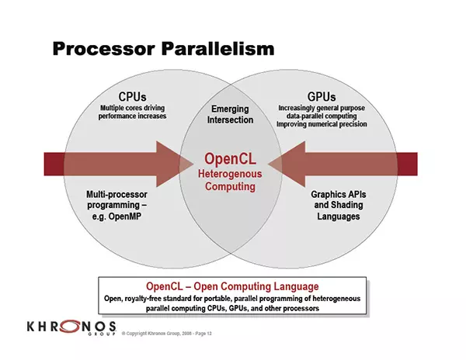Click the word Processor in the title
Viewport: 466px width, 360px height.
(x=104, y=49)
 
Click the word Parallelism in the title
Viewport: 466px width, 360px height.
(x=217, y=49)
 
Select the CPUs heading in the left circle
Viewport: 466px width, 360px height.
(x=132, y=97)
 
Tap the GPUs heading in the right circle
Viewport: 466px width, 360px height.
(x=322, y=97)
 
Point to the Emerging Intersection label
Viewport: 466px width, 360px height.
(x=230, y=114)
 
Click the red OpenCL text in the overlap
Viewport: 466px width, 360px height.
(x=230, y=158)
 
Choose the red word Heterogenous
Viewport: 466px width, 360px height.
(x=230, y=174)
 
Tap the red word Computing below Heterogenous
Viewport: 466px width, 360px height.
(x=230, y=187)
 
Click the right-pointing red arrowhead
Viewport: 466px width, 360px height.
(x=175, y=164)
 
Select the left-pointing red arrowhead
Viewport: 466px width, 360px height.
(x=287, y=164)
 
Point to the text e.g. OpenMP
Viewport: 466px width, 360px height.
(x=116, y=216)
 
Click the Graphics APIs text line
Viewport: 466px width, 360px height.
(x=338, y=195)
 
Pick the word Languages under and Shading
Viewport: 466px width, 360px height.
(x=338, y=216)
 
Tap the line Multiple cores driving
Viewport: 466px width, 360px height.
(x=132, y=108)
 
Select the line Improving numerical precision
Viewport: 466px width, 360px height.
(x=322, y=124)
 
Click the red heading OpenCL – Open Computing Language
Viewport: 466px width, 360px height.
(x=232, y=286)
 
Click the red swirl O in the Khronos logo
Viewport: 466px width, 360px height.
(x=70, y=327)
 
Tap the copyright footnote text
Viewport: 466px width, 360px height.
(x=167, y=334)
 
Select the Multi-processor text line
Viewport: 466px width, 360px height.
(x=116, y=195)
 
